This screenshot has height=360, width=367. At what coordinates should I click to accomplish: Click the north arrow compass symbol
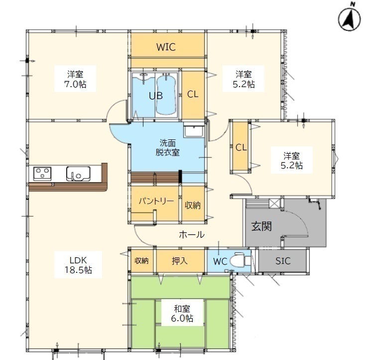click(349, 18)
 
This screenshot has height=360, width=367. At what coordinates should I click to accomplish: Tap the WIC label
click(166, 47)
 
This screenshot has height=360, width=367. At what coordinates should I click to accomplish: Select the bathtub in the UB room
click(166, 94)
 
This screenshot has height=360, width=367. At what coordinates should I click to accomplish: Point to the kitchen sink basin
click(78, 174)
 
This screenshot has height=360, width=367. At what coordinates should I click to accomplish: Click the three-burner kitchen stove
click(42, 174)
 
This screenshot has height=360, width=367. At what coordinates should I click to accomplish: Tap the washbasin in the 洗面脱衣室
click(193, 130)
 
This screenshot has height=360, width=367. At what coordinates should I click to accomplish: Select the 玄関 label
click(261, 227)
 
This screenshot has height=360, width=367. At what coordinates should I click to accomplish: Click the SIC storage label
click(283, 261)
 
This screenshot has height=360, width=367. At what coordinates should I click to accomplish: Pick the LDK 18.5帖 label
click(78, 265)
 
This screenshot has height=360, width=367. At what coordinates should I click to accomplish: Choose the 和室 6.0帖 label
click(182, 313)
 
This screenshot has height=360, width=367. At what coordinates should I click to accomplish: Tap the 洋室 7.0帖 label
click(75, 79)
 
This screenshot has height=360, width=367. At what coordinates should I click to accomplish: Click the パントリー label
click(156, 201)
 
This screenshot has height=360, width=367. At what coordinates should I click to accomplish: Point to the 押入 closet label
click(180, 261)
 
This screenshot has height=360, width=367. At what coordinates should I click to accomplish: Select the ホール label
click(191, 235)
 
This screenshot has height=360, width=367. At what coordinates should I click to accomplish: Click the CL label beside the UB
click(193, 94)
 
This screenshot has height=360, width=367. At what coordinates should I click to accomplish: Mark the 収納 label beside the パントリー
click(193, 205)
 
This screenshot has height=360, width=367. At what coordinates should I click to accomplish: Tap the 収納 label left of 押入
click(141, 260)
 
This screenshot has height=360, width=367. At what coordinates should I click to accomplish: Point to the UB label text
click(156, 96)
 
